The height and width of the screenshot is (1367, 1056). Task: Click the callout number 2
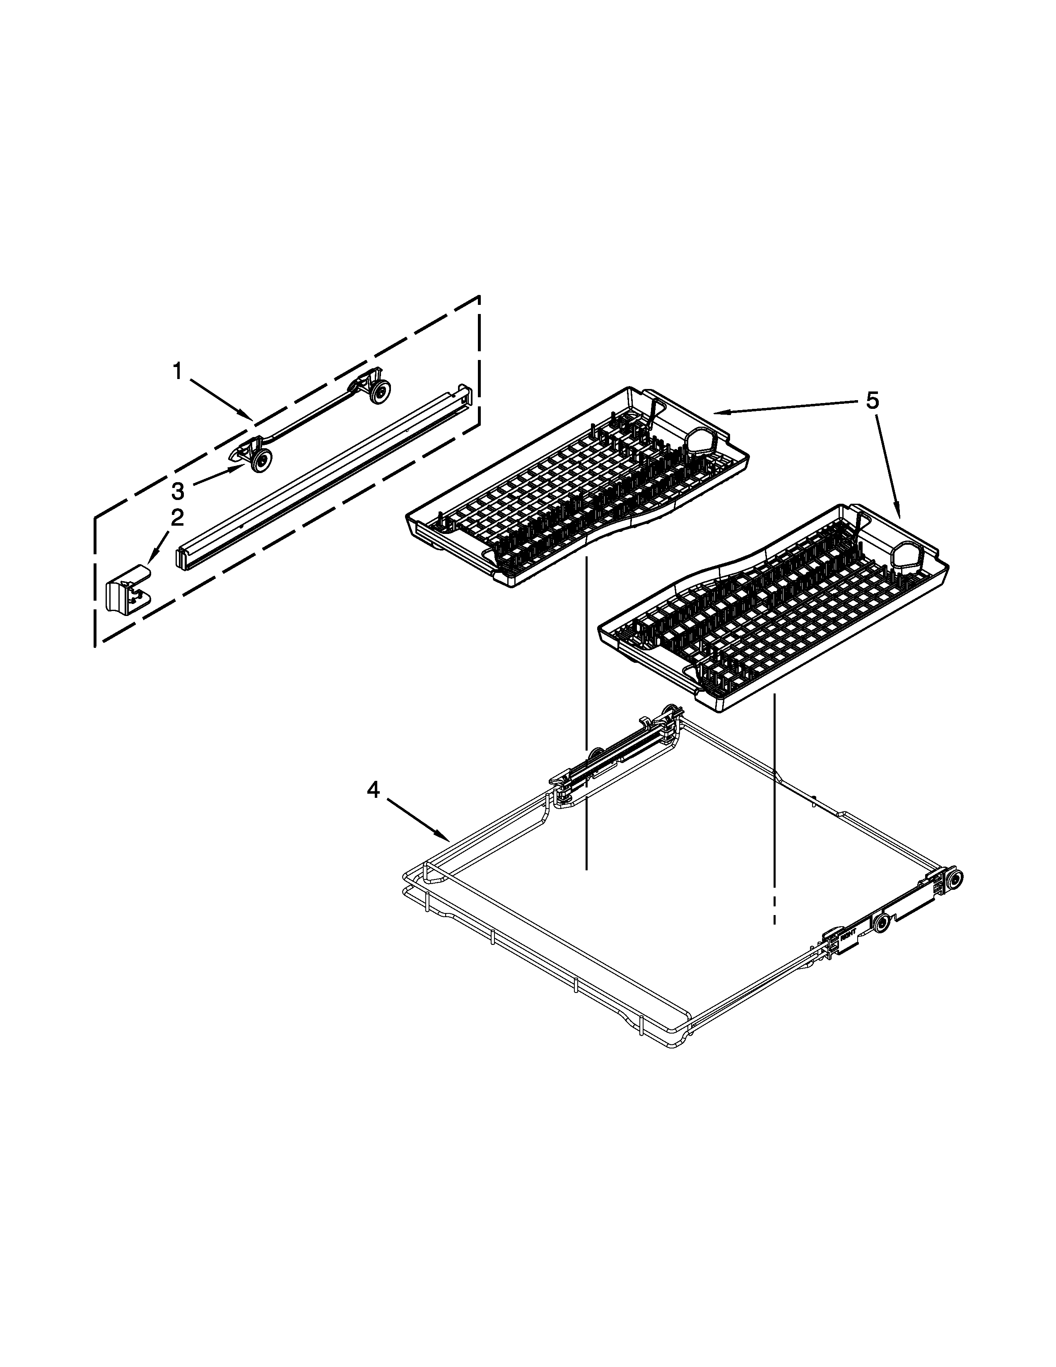point(178,518)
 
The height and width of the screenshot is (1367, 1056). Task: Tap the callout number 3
point(178,491)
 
